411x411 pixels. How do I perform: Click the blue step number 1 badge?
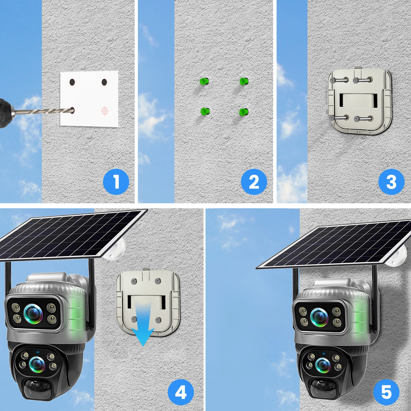(x=116, y=182)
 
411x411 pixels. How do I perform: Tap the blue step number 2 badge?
(x=254, y=182)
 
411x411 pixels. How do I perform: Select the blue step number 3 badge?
(x=391, y=182)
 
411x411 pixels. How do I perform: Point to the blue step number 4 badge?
(x=181, y=393)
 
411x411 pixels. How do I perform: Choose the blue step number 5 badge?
(x=386, y=393)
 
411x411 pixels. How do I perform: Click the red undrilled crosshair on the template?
(x=105, y=111)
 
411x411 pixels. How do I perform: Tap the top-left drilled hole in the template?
(x=72, y=82)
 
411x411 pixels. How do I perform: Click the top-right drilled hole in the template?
(x=104, y=82)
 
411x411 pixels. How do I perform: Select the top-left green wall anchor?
(x=204, y=81)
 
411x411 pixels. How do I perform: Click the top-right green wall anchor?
(x=244, y=81)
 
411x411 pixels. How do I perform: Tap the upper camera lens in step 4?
(x=33, y=312)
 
